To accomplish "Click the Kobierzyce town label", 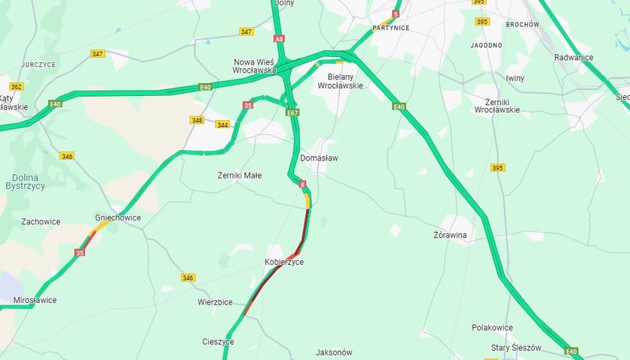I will coord(284,262).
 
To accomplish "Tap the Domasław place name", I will coord(320,158).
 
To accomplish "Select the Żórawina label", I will coord(451,235).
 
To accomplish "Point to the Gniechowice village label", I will coord(118,217).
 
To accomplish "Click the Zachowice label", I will coord(40,222).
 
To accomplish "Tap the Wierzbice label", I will coord(214,302).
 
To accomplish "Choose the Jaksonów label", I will coord(334,352).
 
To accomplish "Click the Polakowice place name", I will coord(493,328).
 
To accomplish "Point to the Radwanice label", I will coord(573,58).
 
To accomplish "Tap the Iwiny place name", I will coord(515,78).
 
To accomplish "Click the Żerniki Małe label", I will coord(239,175).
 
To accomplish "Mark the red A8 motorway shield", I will coord(280,37).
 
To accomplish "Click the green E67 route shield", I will coord(292,112).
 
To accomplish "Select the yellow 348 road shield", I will coord(197,120).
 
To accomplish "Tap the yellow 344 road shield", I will coord(222,124).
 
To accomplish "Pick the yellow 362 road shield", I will coord(16,87).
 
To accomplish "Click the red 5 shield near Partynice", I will coord(395,13).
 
